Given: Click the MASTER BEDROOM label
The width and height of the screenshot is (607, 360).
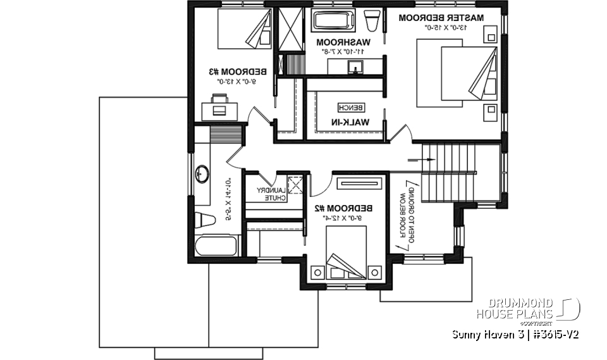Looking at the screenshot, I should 442,18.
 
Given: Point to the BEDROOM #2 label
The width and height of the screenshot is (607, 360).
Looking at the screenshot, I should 345,208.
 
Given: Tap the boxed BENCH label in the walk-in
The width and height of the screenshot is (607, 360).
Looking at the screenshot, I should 348,107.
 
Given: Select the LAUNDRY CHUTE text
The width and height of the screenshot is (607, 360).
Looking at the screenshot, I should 271,194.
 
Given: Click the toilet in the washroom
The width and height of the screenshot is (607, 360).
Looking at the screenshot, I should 373,22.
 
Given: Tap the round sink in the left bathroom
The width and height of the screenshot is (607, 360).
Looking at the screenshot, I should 202,173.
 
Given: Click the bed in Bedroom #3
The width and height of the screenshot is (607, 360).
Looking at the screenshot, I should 240,29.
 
